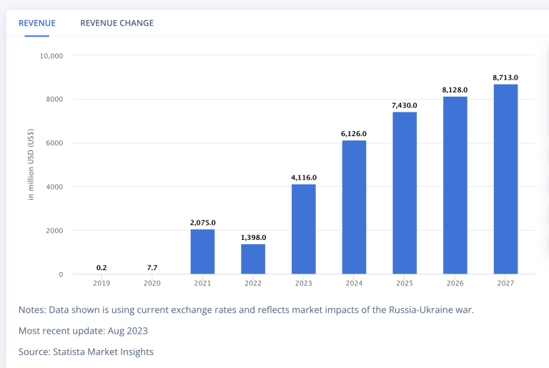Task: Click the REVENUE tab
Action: (36, 23)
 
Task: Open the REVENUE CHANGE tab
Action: (117, 23)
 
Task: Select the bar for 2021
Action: (202, 251)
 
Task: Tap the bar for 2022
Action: (253, 259)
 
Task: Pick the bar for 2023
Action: (304, 229)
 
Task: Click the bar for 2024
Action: (354, 207)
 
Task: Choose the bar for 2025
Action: (405, 193)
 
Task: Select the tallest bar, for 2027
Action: (505, 179)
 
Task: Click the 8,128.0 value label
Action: (455, 89)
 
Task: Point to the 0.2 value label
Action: (102, 268)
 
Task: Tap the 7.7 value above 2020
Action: (152, 268)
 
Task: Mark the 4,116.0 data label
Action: (304, 178)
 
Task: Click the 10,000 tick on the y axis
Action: (51, 55)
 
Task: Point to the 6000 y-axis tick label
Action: (55, 143)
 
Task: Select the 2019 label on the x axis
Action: (102, 283)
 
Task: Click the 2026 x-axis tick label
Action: (455, 283)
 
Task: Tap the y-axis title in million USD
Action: (31, 165)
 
